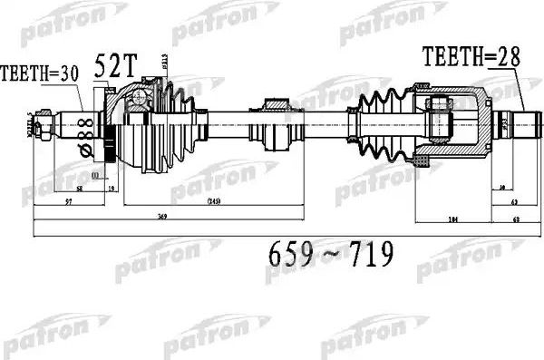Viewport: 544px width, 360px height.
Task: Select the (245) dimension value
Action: (x=214, y=200)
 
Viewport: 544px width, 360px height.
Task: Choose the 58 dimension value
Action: (x=80, y=190)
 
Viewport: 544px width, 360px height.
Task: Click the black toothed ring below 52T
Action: (x=111, y=145)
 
